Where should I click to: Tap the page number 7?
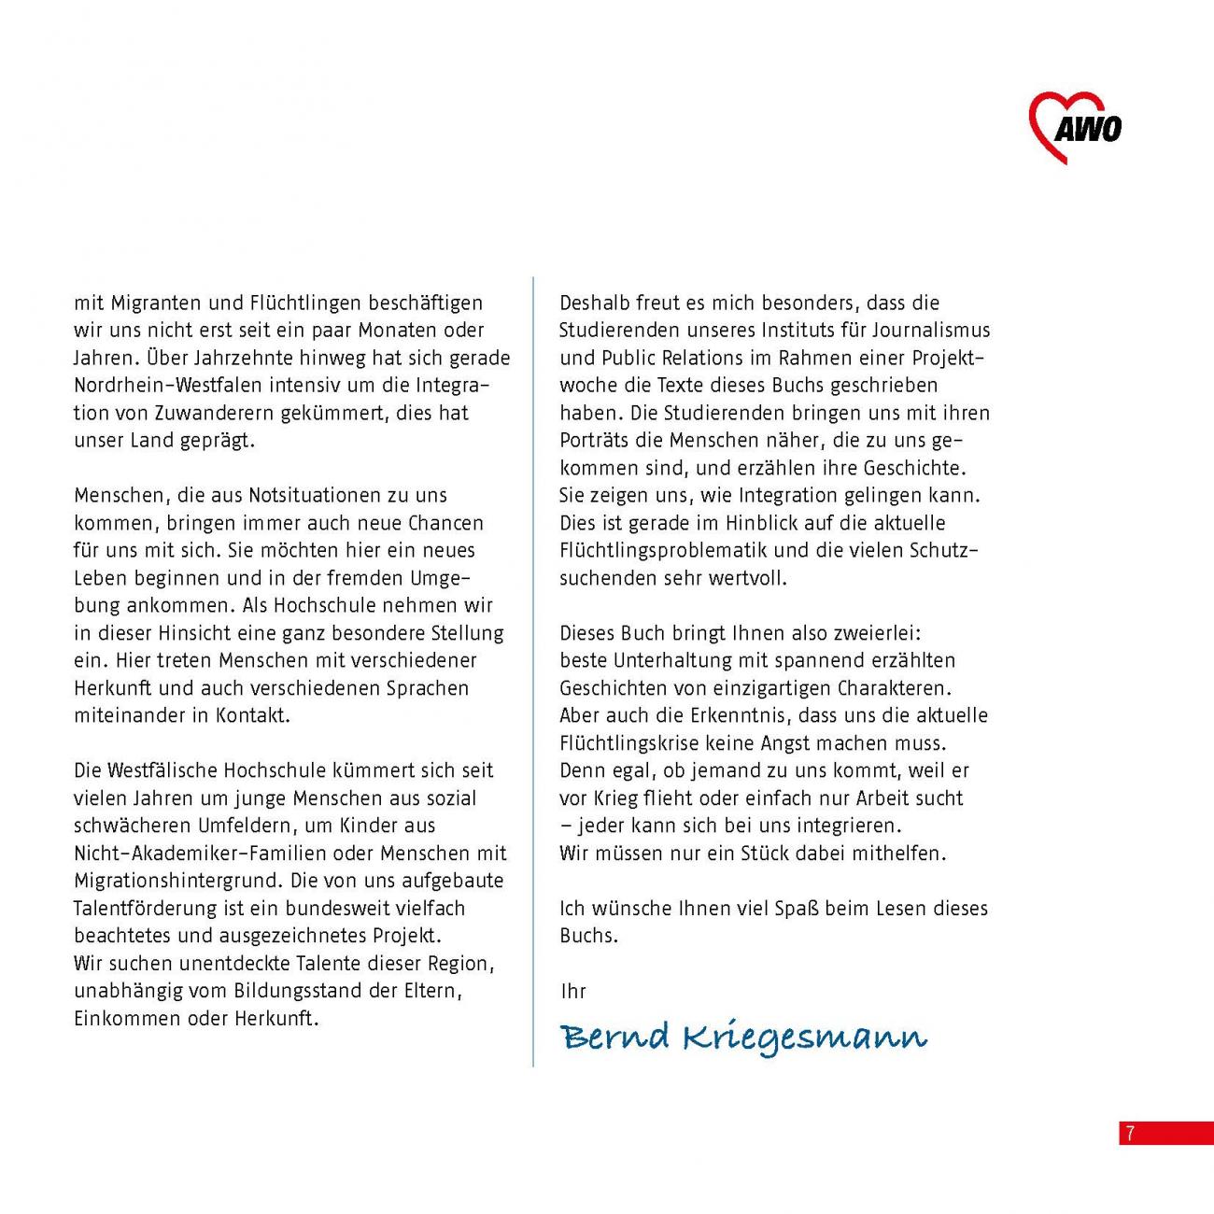pos(1130,1134)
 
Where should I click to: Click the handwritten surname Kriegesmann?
pos(804,1038)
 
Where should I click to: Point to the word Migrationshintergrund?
pos(176,881)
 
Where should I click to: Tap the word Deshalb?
pos(594,303)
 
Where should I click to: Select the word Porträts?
pos(594,441)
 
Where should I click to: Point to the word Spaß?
pos(797,909)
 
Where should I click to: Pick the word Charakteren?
pos(894,688)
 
